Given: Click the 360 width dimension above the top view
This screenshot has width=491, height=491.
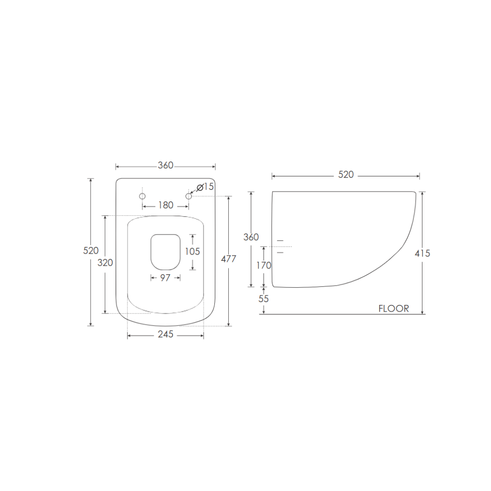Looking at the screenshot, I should pos(165,166).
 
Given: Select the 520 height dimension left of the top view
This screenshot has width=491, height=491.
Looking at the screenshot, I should pos(91,251).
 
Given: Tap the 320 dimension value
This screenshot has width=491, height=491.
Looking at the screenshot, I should pos(105,263).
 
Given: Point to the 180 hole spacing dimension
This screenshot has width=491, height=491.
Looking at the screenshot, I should pos(165,206).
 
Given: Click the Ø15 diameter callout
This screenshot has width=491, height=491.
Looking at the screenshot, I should pos(205,187).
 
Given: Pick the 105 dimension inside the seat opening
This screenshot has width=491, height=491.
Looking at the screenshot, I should pos(192,251).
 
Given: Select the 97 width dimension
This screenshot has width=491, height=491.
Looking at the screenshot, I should pos(165,278).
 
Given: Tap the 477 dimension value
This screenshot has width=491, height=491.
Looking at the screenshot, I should pos(228,259).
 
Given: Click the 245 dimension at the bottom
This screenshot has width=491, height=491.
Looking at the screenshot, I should pos(165,335).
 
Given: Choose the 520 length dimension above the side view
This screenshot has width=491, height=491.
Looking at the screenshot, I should pos(346,175).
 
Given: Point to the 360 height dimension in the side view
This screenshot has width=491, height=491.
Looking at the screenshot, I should pos(251,237).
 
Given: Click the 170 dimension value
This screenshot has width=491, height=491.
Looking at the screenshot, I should pos(263,266).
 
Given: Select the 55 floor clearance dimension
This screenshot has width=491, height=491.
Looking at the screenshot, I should pos(263,299).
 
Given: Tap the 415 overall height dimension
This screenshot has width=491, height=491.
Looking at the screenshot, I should pos(422,254).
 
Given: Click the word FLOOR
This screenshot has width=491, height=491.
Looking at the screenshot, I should pos(394,309).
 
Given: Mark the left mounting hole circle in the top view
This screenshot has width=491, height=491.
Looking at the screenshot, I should pos(142,196).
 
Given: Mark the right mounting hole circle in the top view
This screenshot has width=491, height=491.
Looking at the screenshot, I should pos(188,196).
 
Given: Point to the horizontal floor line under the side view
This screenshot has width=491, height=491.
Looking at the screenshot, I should pos(336,314).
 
